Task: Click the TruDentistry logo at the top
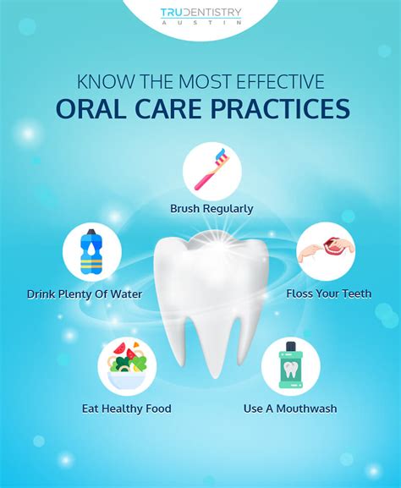coord(200,16)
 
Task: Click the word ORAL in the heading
coord(91,109)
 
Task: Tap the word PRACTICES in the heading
coord(280,109)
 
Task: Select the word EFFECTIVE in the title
coord(280,81)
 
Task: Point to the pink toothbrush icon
coord(211,169)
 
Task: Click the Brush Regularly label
coord(211,209)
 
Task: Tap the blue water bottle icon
coord(91,252)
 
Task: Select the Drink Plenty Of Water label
coord(85,294)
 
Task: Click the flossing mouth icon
coord(327,250)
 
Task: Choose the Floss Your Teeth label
coord(329,293)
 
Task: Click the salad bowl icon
coord(127,365)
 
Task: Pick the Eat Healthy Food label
coord(127,408)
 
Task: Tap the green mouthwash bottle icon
coord(291,365)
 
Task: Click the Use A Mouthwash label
coord(290,408)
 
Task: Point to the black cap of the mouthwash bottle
coord(291,347)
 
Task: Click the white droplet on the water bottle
coord(91,248)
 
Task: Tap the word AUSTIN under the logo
coord(200,23)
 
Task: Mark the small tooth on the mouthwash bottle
coord(291,370)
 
